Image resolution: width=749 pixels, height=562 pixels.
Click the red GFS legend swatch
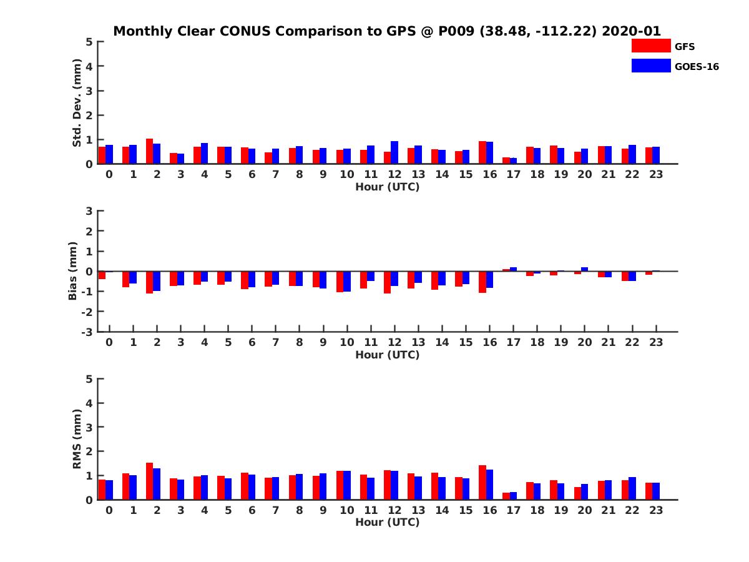tap(650, 46)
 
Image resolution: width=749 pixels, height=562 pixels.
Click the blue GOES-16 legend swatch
tap(650, 66)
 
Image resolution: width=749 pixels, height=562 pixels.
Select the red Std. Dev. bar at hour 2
tap(150, 151)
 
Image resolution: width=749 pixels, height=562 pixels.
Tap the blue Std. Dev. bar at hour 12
tap(394, 152)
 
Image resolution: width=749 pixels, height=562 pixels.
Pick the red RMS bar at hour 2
tap(150, 481)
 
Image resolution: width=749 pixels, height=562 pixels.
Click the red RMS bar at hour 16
tap(482, 482)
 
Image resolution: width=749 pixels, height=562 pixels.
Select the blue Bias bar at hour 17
tap(514, 269)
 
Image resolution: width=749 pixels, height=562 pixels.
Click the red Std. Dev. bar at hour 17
tap(506, 160)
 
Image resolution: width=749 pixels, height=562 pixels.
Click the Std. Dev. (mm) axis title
tap(77, 102)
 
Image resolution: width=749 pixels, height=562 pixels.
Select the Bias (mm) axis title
tap(73, 271)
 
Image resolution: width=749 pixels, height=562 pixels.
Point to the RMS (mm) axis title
tap(77, 439)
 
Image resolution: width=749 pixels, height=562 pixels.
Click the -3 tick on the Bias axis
tap(89, 332)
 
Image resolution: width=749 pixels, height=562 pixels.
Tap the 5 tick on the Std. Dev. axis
tap(90, 42)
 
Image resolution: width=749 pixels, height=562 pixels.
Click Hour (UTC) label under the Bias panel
tap(387, 355)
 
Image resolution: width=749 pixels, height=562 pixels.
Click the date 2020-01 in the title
tap(631, 31)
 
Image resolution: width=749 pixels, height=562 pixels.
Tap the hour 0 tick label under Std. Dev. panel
tap(109, 174)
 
